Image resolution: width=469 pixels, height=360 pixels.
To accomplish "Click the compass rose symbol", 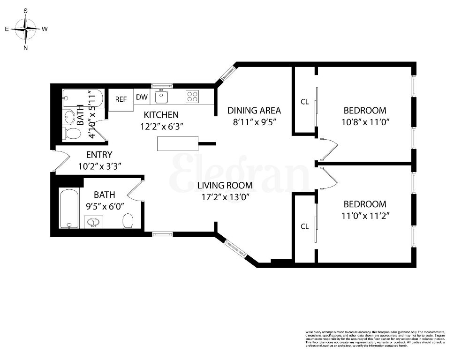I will [25, 29].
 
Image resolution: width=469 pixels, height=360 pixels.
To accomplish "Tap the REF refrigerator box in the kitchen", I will [121, 99].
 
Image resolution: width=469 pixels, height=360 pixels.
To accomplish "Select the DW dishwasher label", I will [142, 97].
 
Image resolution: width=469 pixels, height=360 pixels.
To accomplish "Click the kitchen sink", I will [162, 97].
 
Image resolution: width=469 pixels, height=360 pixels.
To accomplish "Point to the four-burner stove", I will [192, 97].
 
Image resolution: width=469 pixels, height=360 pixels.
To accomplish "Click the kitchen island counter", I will [177, 143].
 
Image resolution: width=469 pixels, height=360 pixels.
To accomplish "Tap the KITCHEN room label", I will [161, 114].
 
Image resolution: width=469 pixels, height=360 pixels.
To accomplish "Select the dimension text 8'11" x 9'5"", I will [254, 122].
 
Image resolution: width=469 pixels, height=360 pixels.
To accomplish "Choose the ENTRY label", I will [99, 155].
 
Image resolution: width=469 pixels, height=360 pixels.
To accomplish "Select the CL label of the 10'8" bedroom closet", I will [304, 102].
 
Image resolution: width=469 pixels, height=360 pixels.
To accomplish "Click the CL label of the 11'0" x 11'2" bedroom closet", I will [304, 226].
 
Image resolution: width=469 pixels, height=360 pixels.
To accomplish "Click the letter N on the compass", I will [25, 47].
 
